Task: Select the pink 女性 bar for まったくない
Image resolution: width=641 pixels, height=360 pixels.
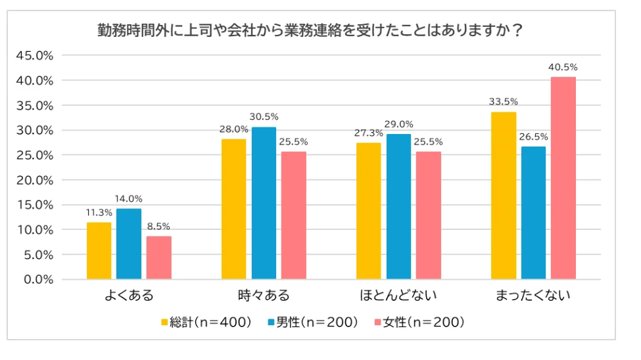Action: (563, 178)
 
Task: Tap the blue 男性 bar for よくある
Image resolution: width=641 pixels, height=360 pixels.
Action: (129, 244)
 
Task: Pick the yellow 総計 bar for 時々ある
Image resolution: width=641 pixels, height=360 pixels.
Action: (233, 209)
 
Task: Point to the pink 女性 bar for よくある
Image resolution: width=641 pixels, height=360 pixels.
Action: (158, 258)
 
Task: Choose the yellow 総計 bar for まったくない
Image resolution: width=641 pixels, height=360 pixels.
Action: (504, 196)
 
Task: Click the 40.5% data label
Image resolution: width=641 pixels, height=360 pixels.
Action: (563, 67)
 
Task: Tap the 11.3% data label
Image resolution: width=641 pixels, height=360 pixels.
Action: (99, 213)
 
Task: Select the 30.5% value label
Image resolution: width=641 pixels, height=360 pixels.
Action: (264, 117)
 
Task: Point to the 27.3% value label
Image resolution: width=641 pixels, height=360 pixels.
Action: (368, 133)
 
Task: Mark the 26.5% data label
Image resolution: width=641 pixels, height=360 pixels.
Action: (533, 137)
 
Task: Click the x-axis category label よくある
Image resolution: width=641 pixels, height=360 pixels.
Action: (129, 296)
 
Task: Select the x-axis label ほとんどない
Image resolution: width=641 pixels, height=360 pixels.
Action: (398, 296)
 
